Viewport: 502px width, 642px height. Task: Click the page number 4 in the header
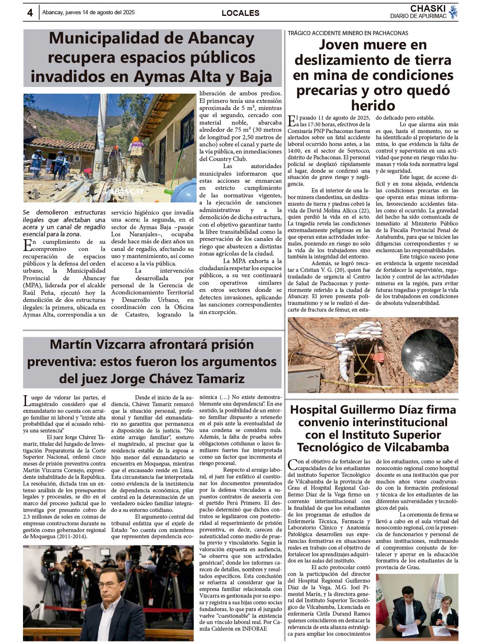coord(30,13)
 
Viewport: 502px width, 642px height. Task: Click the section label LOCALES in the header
coord(240,13)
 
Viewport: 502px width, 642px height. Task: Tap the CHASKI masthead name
coord(428,8)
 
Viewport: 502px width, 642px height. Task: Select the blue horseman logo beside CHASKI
coord(453,12)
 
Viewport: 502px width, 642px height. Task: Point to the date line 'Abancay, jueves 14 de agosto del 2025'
coord(88,13)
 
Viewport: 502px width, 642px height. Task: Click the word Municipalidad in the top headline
coord(115,38)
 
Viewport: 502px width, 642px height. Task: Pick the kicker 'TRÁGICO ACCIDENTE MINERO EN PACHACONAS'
coord(348,33)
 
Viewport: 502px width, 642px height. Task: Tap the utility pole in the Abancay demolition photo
coord(101,138)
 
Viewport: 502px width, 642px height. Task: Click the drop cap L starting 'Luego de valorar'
coord(26,401)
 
